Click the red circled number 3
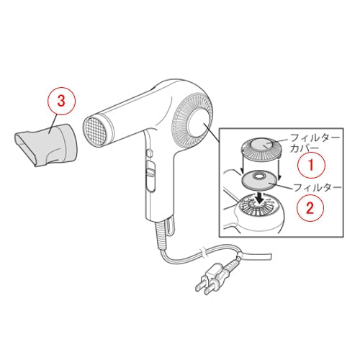click(61, 101)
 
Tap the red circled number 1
click(311, 165)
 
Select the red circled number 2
click(310, 207)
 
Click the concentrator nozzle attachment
click(45, 145)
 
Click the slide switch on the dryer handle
click(150, 172)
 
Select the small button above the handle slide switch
click(149, 153)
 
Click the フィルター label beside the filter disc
click(318, 187)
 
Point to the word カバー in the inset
click(304, 148)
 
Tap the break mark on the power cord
click(203, 254)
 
